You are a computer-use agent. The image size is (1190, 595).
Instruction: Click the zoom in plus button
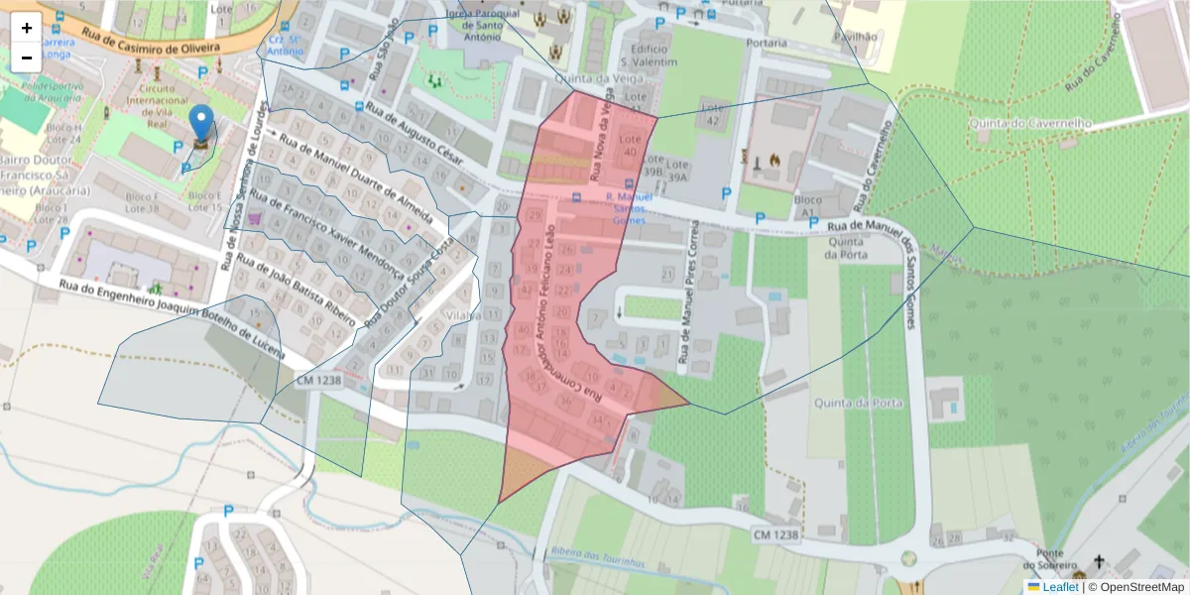(x=27, y=28)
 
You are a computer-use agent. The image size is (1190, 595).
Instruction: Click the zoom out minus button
(x=27, y=58)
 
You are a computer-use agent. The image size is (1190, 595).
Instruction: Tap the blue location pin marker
(x=201, y=125)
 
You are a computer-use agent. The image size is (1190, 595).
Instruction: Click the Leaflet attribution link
(x=1059, y=587)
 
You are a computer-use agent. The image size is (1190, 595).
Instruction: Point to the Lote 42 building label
(x=710, y=113)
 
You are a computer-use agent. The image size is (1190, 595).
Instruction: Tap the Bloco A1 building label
(x=808, y=206)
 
